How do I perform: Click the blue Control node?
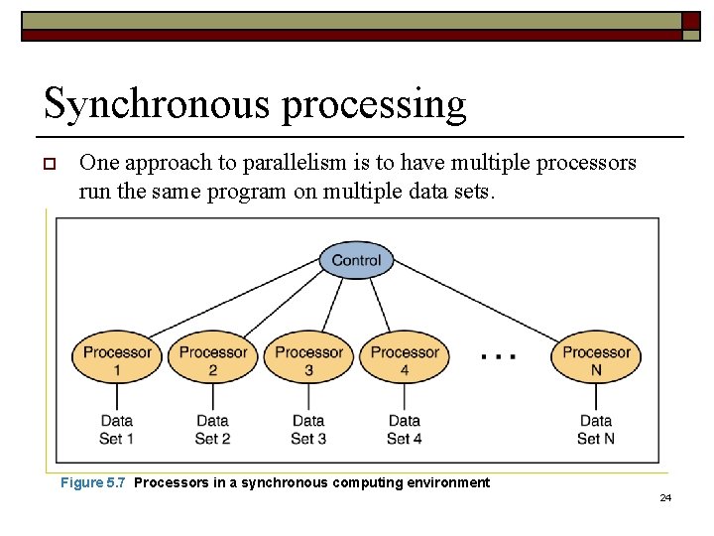pos(356,260)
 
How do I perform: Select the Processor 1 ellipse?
pos(117,360)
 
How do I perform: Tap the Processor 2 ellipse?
pos(212,360)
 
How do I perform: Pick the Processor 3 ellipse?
pos(308,360)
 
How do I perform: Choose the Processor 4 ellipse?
pos(404,360)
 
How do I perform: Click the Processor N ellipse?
pos(596,360)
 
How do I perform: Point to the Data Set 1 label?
pos(117,429)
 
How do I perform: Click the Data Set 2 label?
pos(212,429)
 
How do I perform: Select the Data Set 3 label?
pos(308,429)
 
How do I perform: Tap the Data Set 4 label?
pos(404,429)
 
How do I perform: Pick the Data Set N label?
pos(596,429)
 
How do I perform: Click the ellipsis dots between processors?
pos(497,356)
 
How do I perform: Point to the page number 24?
pos(665,497)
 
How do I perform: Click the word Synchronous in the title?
pos(157,103)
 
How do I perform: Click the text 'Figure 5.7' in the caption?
pos(93,483)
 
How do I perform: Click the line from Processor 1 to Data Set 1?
pos(117,398)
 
